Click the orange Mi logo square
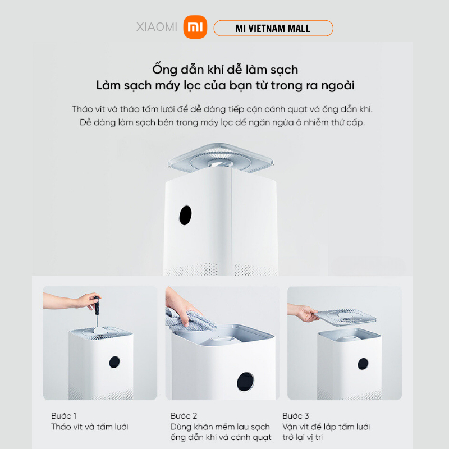195,27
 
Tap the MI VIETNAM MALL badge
273,28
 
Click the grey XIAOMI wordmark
157,27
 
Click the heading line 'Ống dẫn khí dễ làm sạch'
225,70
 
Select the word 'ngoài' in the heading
338,85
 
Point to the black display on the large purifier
185,215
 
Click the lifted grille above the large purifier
221,158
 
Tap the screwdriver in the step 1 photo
97,311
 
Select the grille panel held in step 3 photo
345,317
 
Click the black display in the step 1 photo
114,362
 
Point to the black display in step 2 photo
245,382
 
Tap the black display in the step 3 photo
363,364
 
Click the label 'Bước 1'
63,415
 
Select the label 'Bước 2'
184,415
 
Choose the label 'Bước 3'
296,415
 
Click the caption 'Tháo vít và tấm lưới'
90,427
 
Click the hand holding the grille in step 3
303,312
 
